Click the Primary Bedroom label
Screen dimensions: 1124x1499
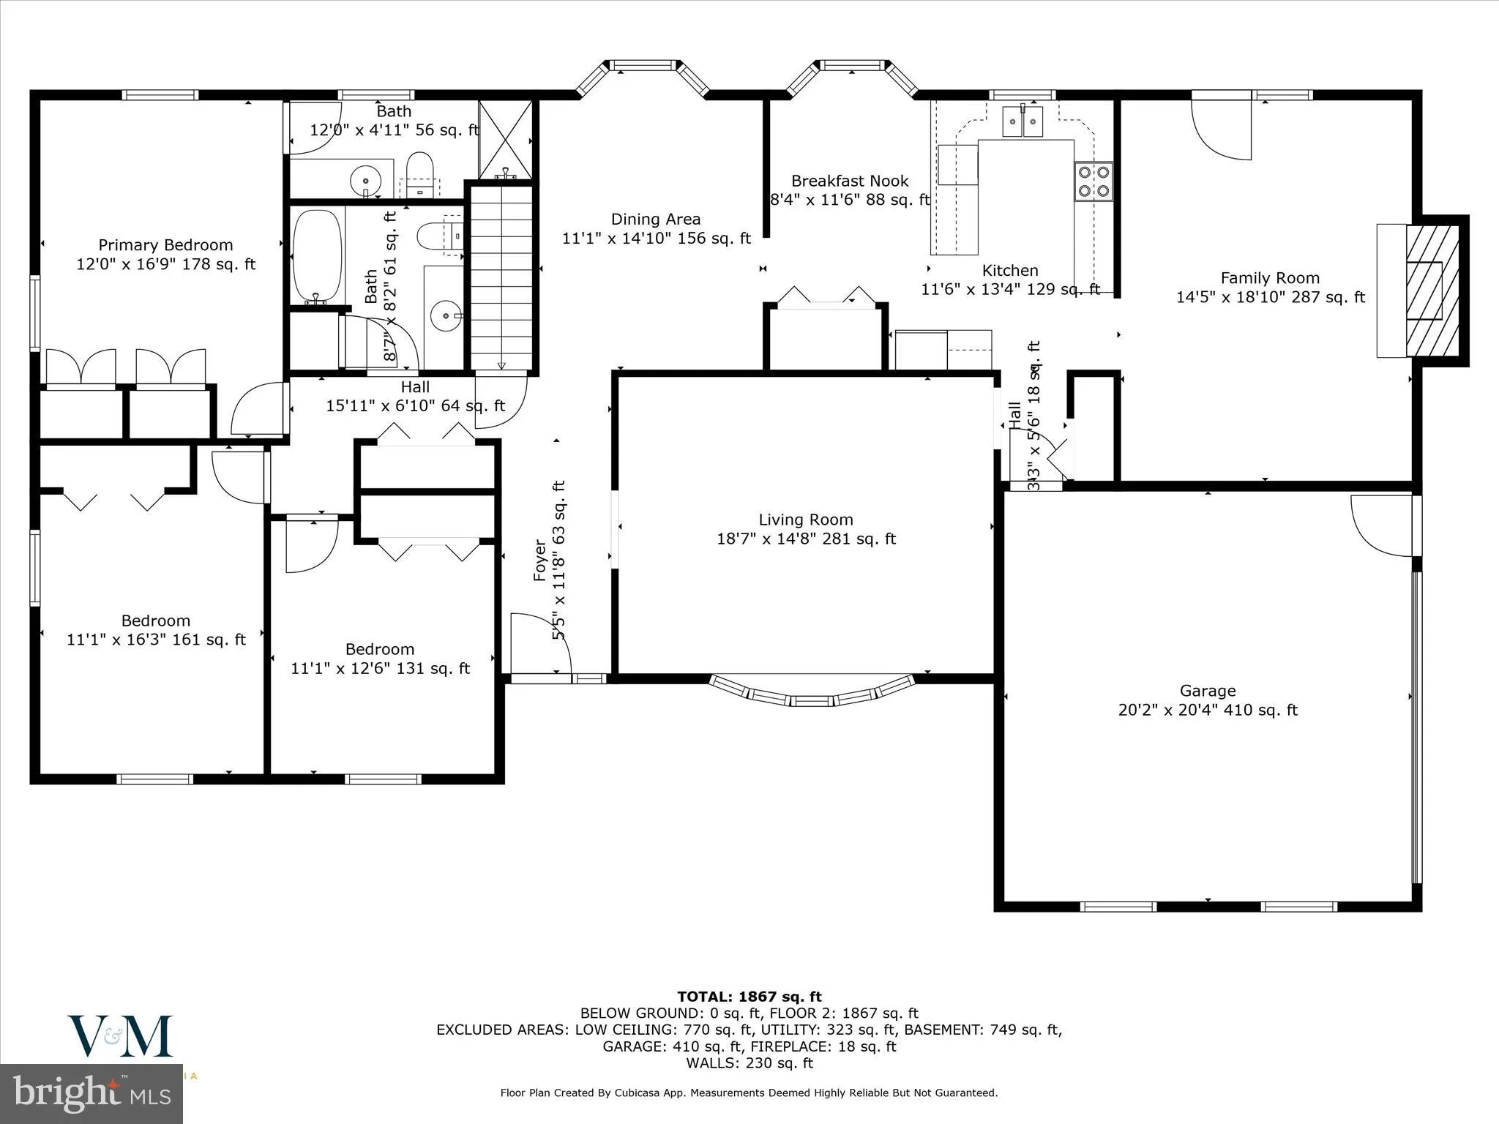click(x=165, y=245)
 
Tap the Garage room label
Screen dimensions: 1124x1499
click(x=1207, y=691)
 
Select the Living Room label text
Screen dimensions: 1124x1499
click(x=805, y=520)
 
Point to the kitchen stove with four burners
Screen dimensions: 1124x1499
click(x=1093, y=181)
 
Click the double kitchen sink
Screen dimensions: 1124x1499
click(x=1023, y=121)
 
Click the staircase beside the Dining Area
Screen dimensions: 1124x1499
click(x=501, y=278)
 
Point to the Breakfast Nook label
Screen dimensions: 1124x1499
click(x=849, y=181)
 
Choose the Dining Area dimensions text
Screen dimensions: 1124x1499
click(x=656, y=238)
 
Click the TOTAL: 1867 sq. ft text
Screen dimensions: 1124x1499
click(x=749, y=997)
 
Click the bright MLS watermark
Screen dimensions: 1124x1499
click(x=91, y=1094)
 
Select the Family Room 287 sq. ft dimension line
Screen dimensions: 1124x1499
click(x=1270, y=297)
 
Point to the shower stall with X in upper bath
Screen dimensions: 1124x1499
click(x=505, y=139)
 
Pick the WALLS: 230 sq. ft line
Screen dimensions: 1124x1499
click(x=749, y=1063)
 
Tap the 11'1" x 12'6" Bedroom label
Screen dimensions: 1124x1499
click(x=380, y=649)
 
